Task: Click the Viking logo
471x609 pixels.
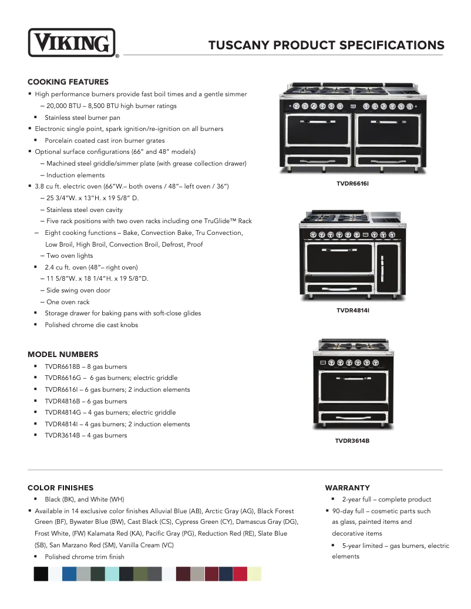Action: tap(72, 43)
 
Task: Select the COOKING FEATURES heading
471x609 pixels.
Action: tap(68, 82)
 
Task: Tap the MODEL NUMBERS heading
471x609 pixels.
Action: tap(63, 354)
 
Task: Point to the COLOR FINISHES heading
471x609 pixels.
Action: tap(60, 487)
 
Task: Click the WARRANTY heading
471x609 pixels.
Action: tap(348, 487)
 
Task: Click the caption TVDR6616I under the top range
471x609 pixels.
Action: tap(352, 184)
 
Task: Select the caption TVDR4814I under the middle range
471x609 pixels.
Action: tap(352, 309)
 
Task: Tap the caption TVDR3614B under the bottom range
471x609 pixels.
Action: tap(352, 440)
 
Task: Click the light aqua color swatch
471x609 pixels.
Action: tap(112, 574)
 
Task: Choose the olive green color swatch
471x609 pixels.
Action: tap(141, 574)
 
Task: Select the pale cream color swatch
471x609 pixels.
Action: tap(254, 574)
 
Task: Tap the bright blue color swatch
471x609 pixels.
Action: tap(69, 574)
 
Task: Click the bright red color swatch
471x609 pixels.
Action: tap(240, 574)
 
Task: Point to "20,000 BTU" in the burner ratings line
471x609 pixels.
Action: tap(65, 106)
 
